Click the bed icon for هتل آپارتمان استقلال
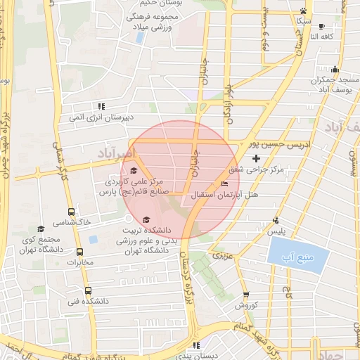pyautogui.click(x=224, y=184)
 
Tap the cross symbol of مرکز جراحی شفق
pyautogui.click(x=256, y=159)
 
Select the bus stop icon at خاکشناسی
pyautogui.click(x=70, y=212)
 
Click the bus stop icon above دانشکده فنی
pyautogui.click(x=88, y=290)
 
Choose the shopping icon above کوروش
pyautogui.click(x=245, y=295)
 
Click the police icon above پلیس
pyautogui.click(x=276, y=220)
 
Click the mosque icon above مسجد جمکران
pyautogui.click(x=335, y=70)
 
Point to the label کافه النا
pyautogui.click(x=324, y=36)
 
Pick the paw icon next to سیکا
pyautogui.click(x=303, y=11)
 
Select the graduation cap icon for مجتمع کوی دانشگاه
pyautogui.click(x=40, y=229)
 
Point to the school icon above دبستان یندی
pyautogui.click(x=195, y=345)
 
